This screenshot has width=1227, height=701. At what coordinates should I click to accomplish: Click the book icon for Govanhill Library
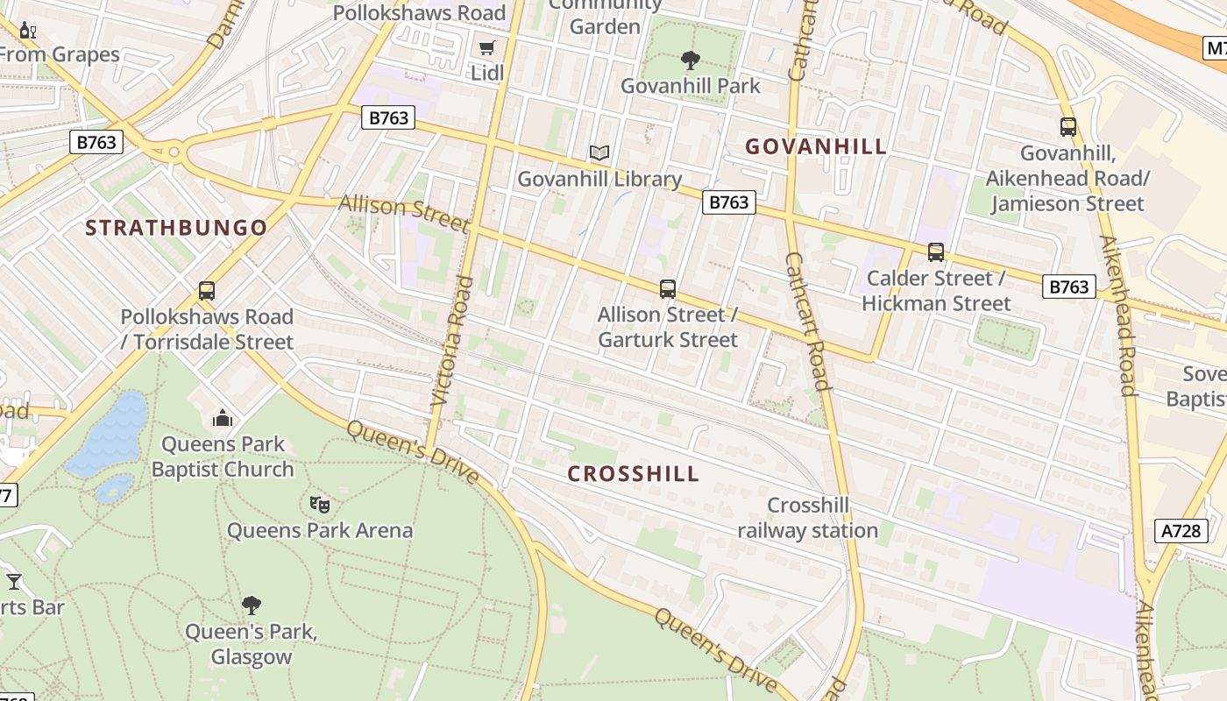point(599,153)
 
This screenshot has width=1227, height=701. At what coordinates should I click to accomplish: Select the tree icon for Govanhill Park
point(691,60)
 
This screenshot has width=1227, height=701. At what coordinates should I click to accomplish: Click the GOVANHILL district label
point(816,146)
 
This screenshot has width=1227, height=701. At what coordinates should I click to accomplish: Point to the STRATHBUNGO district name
point(176,228)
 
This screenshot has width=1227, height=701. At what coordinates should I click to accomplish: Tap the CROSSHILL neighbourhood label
point(633,474)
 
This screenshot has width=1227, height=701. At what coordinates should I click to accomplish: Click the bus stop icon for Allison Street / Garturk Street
point(668,288)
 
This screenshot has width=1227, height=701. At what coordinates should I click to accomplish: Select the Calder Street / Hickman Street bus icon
point(936,252)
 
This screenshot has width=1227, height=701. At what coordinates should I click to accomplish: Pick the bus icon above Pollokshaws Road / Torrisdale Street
point(207,291)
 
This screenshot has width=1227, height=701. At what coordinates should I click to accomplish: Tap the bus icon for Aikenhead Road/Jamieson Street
point(1067,127)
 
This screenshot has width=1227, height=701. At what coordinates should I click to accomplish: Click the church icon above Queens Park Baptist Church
point(223,418)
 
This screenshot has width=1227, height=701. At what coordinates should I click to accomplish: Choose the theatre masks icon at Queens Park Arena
point(320,504)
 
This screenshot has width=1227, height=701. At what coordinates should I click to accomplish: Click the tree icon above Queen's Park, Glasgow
point(252,605)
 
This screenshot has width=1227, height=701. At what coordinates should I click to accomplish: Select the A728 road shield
point(1181,530)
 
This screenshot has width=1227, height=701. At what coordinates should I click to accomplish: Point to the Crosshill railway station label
point(807,518)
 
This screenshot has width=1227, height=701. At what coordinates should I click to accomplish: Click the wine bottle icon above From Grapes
point(28,32)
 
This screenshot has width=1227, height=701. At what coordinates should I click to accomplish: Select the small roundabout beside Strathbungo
point(174,152)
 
